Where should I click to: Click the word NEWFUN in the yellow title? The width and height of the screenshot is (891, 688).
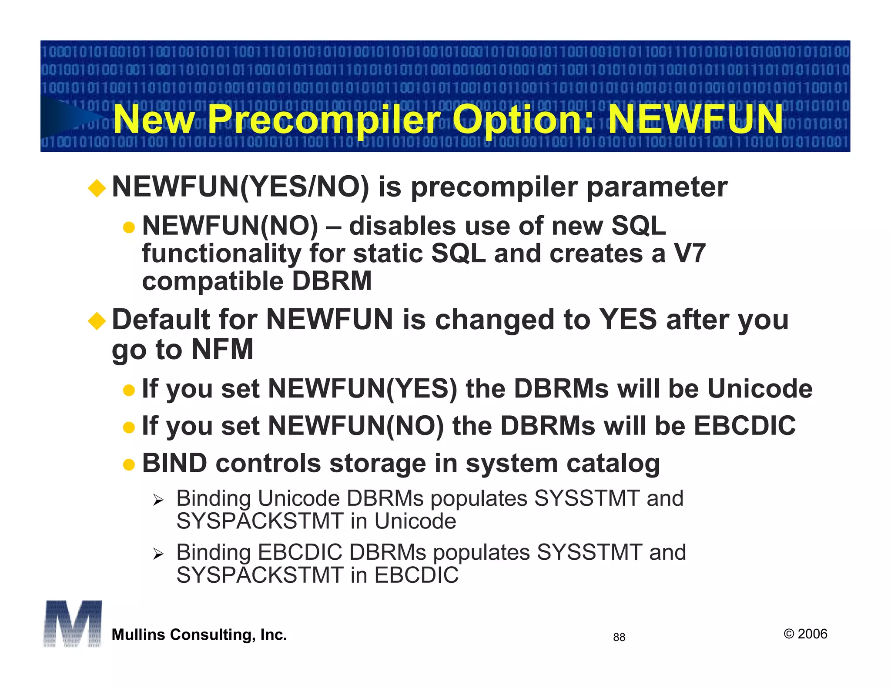click(x=695, y=119)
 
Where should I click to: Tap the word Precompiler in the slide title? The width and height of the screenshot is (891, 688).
click(x=324, y=120)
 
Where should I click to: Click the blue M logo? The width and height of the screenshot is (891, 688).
click(x=73, y=624)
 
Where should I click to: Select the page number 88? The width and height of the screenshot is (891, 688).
click(x=619, y=637)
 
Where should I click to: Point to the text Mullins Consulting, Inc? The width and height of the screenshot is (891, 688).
click(x=199, y=635)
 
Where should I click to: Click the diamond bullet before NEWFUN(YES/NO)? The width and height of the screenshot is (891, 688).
click(x=97, y=188)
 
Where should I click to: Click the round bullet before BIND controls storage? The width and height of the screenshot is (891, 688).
click(x=129, y=465)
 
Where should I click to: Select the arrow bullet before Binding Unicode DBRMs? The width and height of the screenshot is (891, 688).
click(x=158, y=500)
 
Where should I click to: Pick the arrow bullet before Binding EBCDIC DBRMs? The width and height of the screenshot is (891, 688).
click(x=158, y=554)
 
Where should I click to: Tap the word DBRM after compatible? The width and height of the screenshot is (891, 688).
click(x=332, y=281)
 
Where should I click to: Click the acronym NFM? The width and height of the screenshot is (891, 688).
click(x=222, y=349)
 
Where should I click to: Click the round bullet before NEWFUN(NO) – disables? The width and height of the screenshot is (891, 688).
click(x=129, y=227)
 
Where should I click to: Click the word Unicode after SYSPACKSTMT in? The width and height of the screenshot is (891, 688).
click(x=415, y=521)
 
